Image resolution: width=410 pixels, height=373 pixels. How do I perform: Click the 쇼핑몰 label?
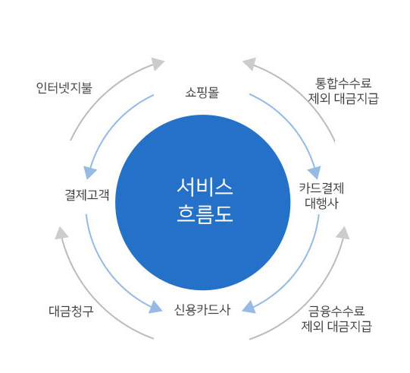[x=202, y=93]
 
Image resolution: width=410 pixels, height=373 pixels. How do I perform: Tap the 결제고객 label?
[x=87, y=195]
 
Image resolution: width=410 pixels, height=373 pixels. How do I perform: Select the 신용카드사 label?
[x=202, y=310]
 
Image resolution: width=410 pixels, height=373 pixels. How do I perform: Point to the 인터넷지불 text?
[x=64, y=88]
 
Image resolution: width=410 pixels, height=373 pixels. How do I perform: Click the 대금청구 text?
[x=71, y=311]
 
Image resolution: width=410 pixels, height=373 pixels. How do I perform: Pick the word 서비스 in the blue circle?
[x=205, y=187]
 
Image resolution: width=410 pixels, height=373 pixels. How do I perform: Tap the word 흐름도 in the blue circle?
[x=205, y=214]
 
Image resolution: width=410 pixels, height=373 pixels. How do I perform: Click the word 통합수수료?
[x=343, y=84]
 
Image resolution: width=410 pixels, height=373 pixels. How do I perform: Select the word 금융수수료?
[x=336, y=311]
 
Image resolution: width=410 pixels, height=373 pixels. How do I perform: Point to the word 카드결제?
[x=321, y=188]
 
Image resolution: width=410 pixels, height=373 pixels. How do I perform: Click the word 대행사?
[x=321, y=203]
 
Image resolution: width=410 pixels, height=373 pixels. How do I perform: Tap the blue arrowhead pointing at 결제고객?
[x=89, y=172]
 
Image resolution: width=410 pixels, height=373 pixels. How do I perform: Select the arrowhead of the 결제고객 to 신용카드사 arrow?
[x=155, y=308]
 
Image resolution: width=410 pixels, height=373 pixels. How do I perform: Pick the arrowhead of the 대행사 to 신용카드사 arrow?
[x=249, y=307]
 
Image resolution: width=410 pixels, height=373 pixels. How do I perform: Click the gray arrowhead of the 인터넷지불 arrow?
[x=158, y=63]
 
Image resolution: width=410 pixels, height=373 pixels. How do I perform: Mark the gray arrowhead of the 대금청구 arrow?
[x=61, y=233]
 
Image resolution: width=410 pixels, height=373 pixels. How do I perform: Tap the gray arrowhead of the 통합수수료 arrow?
[x=249, y=63]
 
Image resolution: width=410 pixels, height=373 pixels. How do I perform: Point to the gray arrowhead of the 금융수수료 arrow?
[x=343, y=233]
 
